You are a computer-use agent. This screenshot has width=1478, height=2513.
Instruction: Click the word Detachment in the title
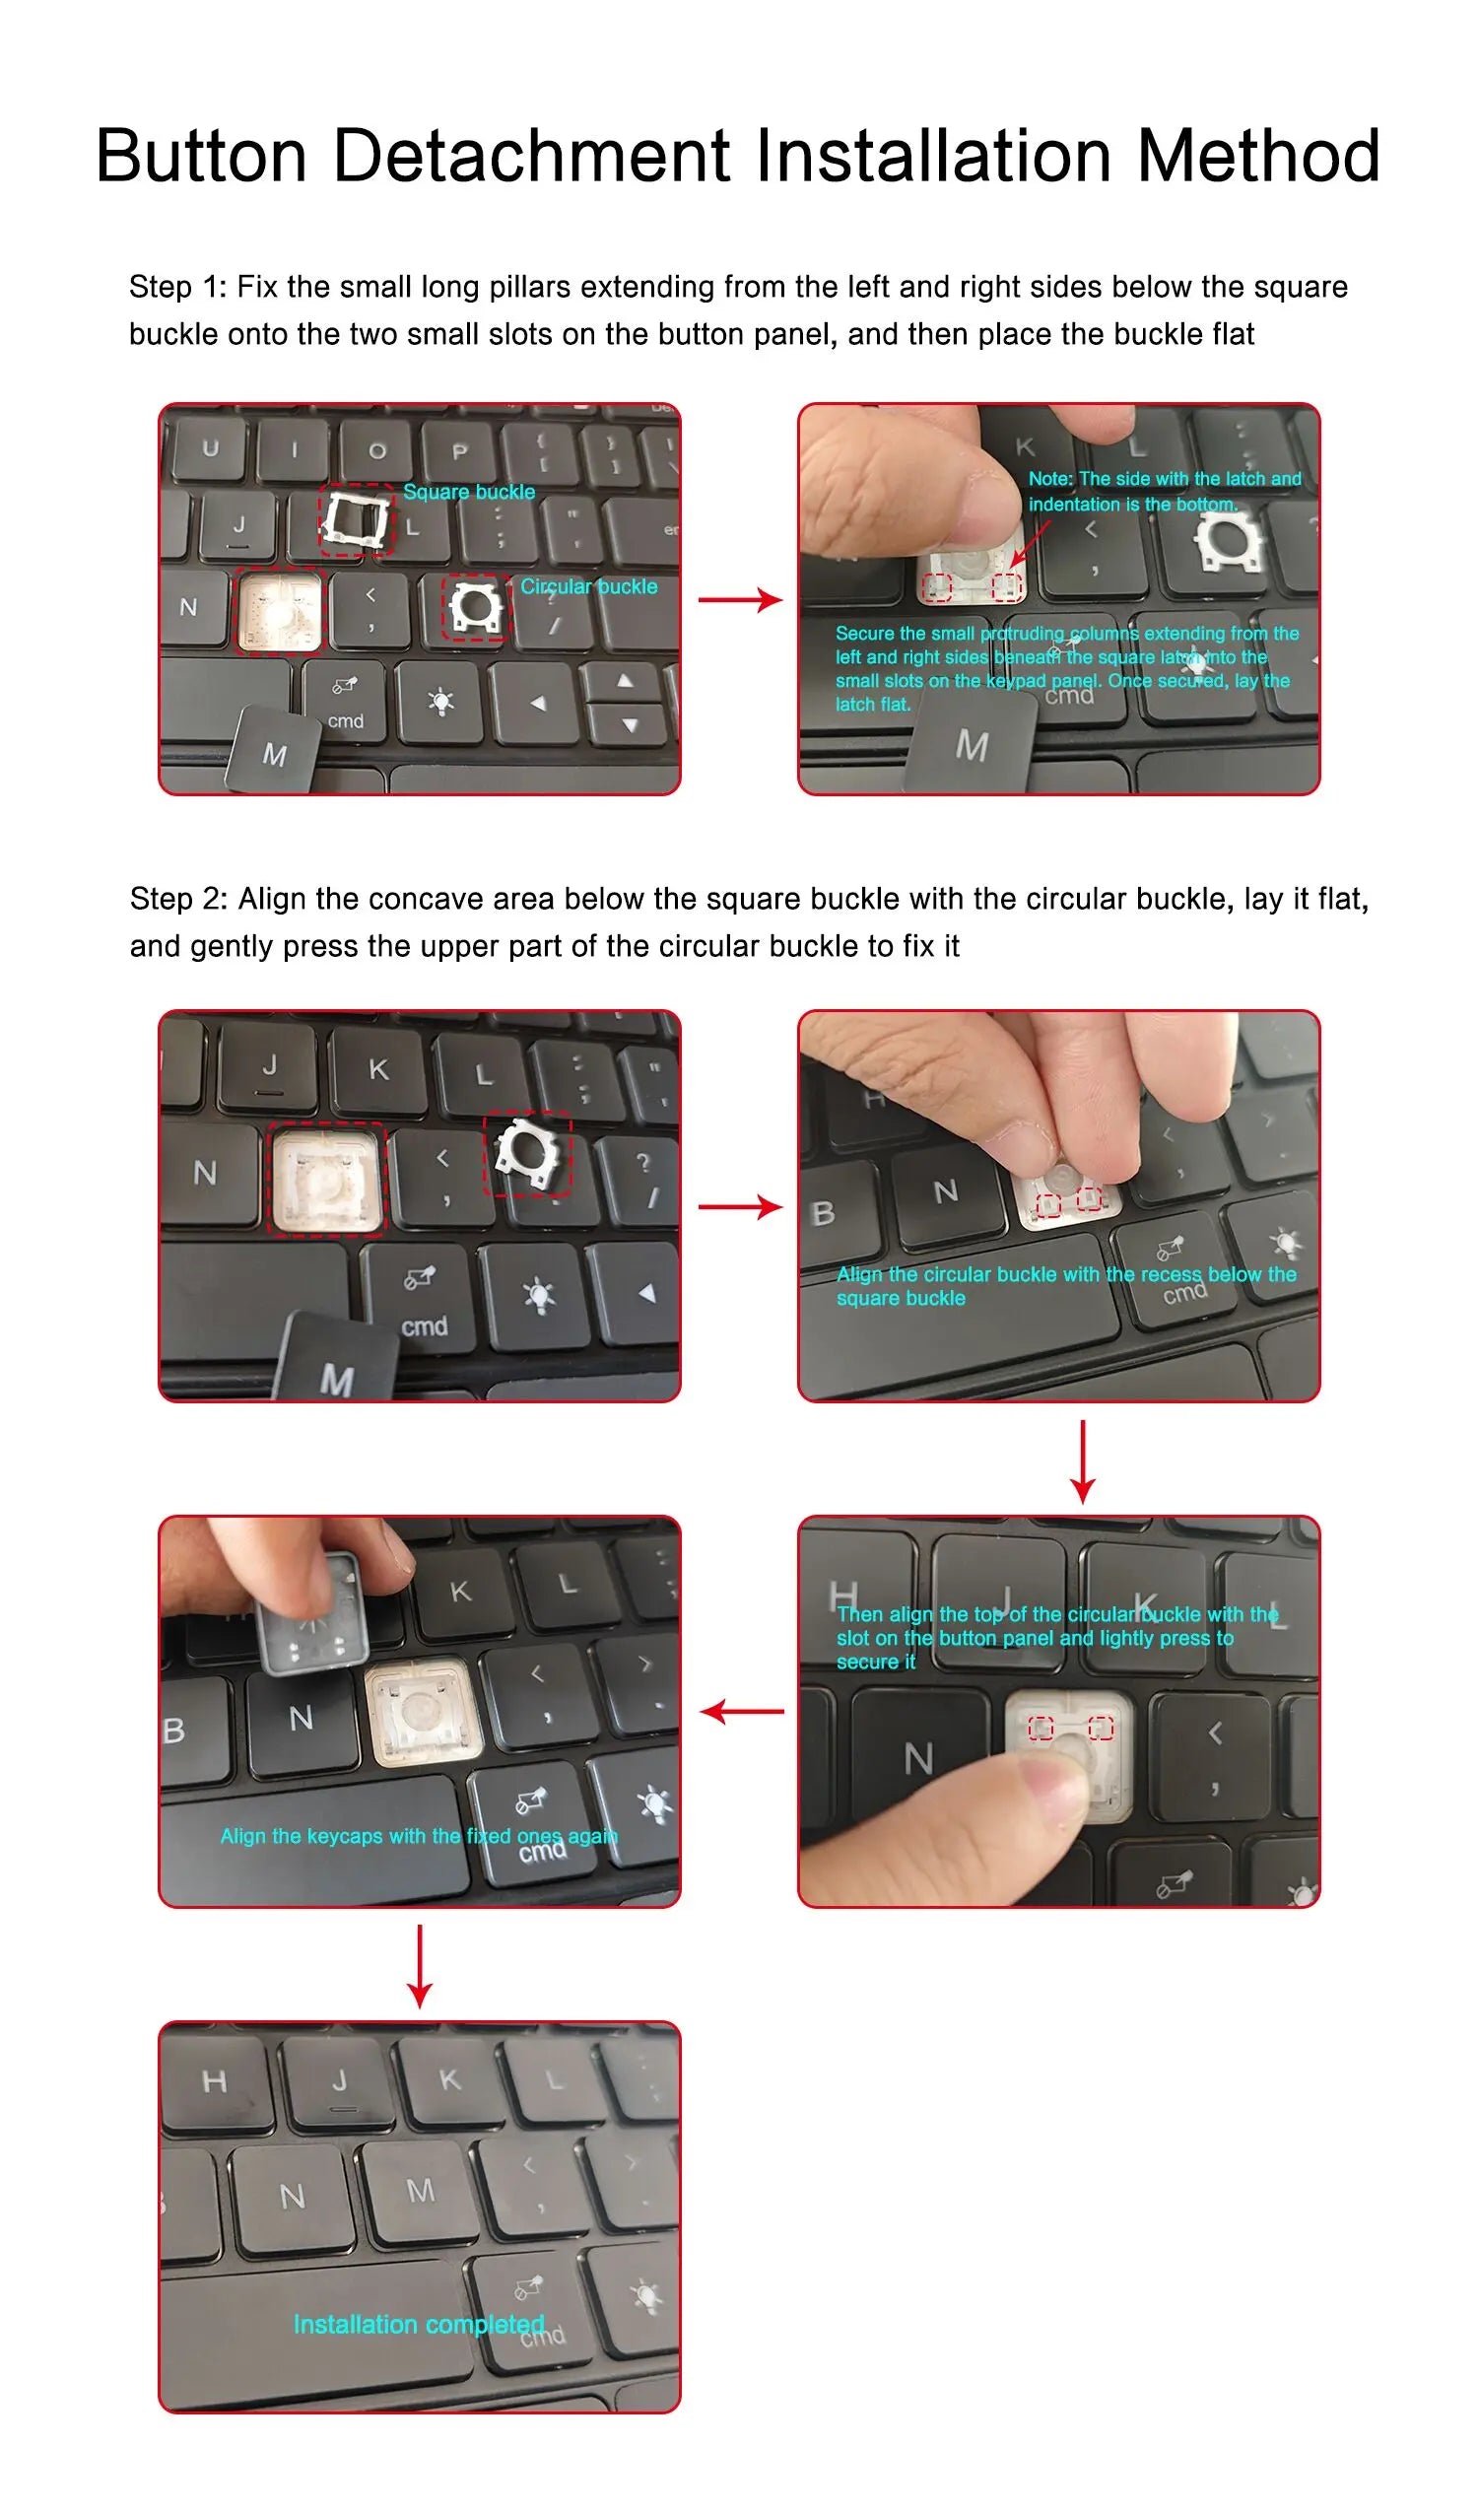pos(541,157)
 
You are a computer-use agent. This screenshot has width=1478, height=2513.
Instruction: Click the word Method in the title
pos(1258,157)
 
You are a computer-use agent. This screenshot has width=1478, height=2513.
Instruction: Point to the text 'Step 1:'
pos(177,287)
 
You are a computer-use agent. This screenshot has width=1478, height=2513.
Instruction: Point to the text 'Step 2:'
pos(178,900)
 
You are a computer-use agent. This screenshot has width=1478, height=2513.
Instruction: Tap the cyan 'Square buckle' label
pos(469,492)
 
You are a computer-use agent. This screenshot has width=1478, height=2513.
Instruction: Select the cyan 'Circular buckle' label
pos(588,586)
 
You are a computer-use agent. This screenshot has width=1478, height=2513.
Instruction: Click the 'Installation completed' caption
pos(419,2324)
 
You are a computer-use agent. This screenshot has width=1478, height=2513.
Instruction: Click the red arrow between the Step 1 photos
pos(740,600)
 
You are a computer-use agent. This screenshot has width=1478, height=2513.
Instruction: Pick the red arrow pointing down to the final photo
pos(420,1966)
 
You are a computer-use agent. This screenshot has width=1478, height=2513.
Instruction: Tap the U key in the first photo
pos(212,448)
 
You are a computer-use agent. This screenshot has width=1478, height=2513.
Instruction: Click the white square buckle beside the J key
pos(354,518)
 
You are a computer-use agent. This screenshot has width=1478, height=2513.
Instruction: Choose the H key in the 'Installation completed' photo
pos(214,2082)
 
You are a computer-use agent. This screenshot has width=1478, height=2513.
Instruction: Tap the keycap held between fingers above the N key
pos(311,1612)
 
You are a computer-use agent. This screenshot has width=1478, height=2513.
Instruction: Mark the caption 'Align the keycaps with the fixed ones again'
pos(419,1836)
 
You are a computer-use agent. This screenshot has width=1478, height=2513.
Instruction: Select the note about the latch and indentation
pos(1165,492)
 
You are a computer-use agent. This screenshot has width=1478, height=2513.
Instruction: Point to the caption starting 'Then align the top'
pos(1057,1639)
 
